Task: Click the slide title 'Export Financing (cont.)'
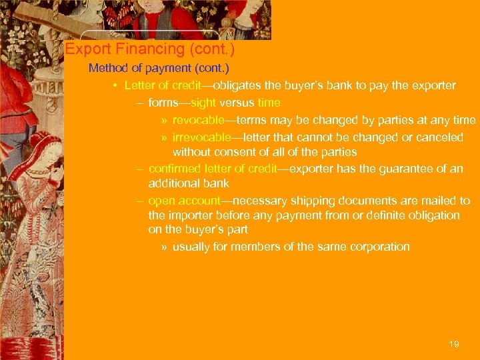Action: click(149, 49)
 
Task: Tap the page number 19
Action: click(454, 344)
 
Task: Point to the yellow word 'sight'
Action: click(203, 103)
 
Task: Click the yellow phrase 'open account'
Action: click(183, 201)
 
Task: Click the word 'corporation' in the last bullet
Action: click(378, 247)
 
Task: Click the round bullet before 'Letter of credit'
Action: click(115, 86)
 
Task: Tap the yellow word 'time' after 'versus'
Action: click(269, 103)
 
